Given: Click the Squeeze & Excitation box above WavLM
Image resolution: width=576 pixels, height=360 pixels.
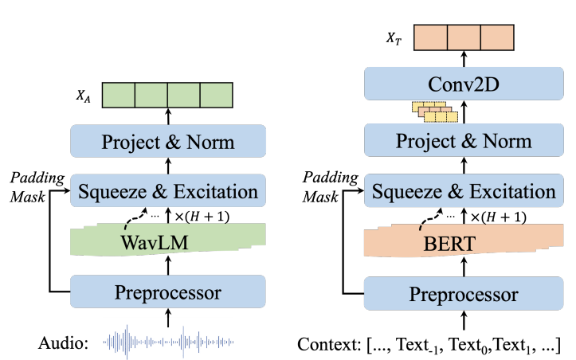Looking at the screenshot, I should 167,191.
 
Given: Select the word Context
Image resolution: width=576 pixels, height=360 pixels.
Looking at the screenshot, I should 326,344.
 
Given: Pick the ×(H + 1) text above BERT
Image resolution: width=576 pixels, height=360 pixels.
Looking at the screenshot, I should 498,217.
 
